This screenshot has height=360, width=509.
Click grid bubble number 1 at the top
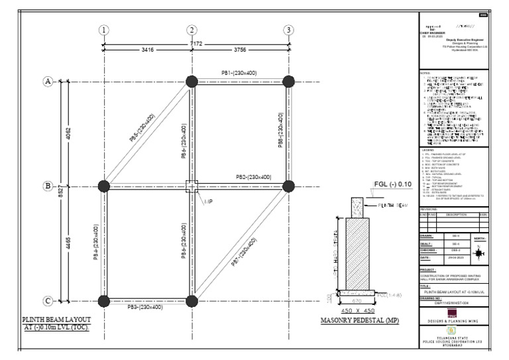tap(104, 30)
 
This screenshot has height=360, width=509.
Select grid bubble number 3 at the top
tap(288, 30)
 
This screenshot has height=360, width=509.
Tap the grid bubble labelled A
tap(48, 82)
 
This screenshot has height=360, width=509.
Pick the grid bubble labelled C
tap(48, 302)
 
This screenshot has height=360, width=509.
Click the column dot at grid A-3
tap(288, 82)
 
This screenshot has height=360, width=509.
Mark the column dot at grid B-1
tap(104, 186)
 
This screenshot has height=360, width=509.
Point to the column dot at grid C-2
tap(192, 302)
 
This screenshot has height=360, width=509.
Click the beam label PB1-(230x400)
tap(239, 72)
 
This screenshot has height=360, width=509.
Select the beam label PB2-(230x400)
tap(253, 177)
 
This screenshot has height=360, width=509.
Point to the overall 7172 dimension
tap(197, 42)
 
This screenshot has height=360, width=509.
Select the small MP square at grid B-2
tap(192, 186)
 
